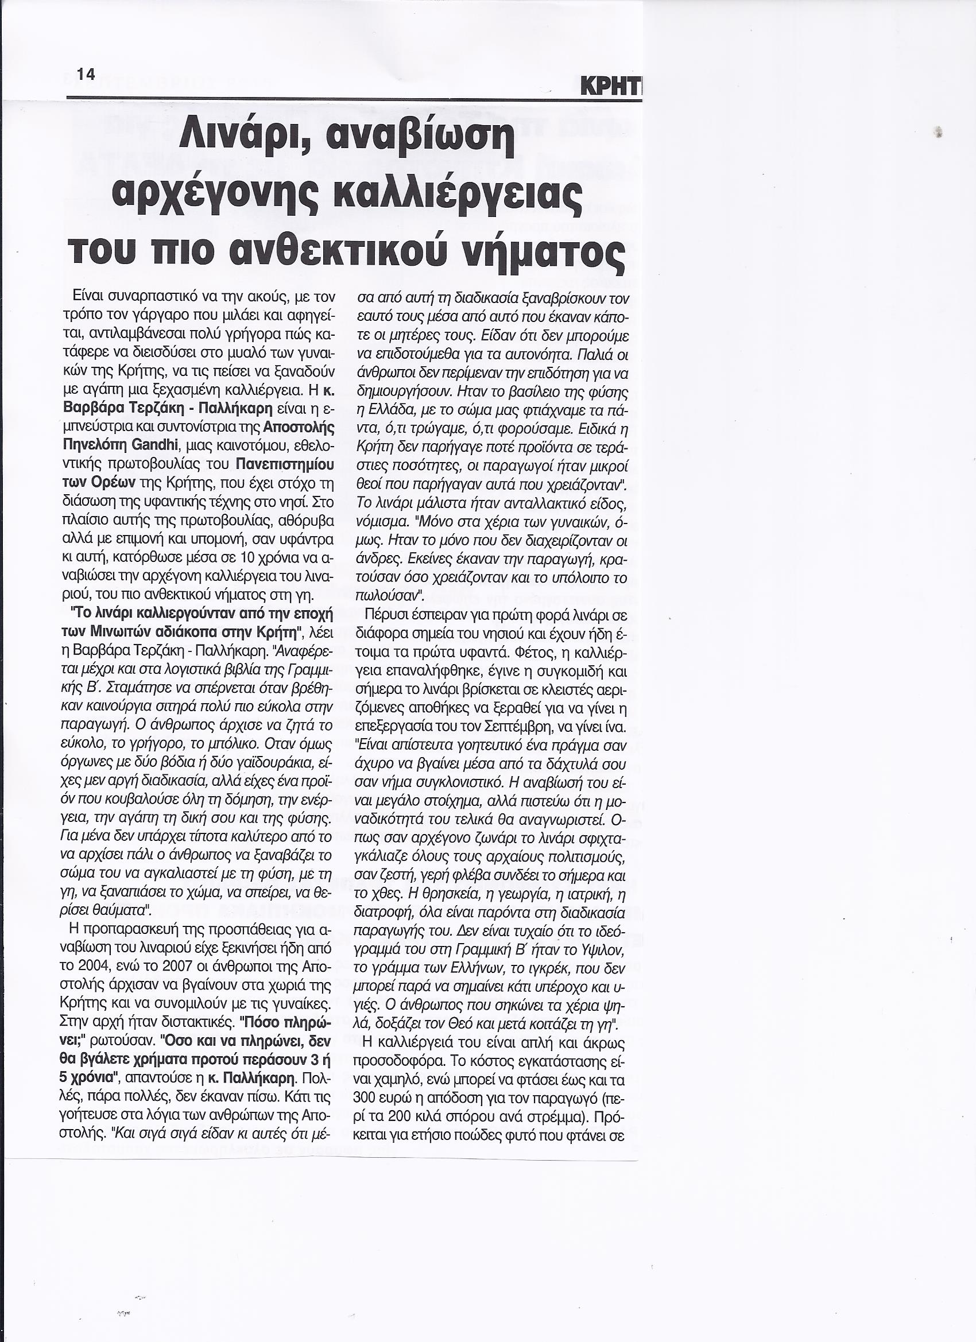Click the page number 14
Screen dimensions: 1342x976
[x=86, y=74]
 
